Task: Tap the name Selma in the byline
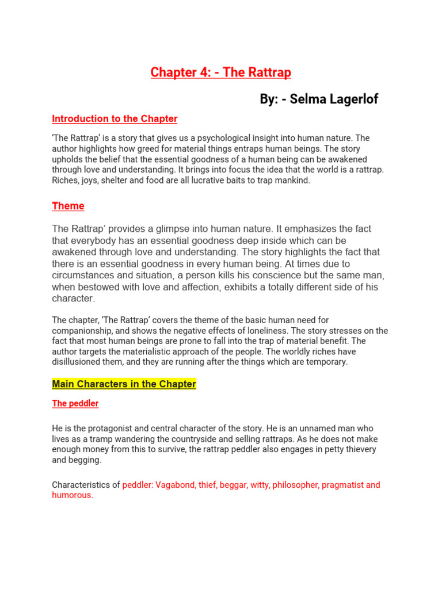point(308,99)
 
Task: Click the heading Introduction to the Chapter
point(115,119)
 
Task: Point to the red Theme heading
point(68,206)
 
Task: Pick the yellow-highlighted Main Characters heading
point(124,384)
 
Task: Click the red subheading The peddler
point(75,404)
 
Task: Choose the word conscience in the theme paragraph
point(276,276)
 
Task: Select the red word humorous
point(72,496)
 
